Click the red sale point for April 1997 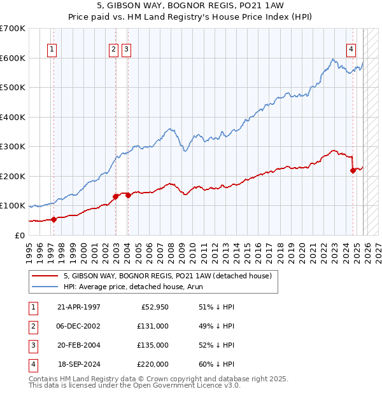[53, 219]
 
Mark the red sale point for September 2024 [353, 170]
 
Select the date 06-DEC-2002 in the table [78, 325]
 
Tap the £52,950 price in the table [153, 306]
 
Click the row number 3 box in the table [32, 345]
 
